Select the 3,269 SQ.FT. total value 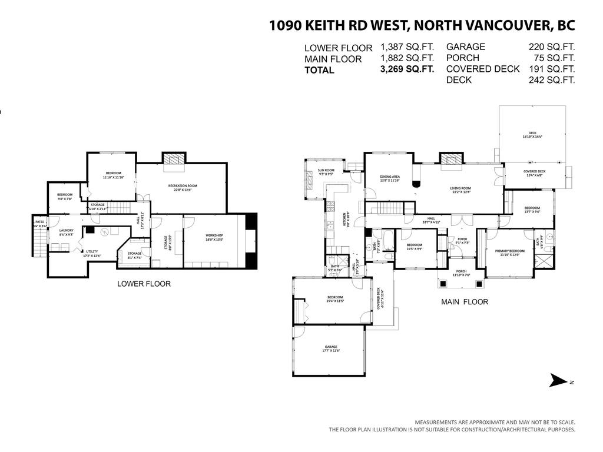[x=407, y=69]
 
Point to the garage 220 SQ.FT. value [x=551, y=46]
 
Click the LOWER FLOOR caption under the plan [x=144, y=284]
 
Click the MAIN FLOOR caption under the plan [x=465, y=302]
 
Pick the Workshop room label [x=214, y=237]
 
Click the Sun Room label [x=326, y=172]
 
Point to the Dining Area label [x=390, y=178]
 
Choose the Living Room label [x=461, y=190]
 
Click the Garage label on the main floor [x=332, y=348]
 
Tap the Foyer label [x=462, y=240]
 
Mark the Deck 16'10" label [x=532, y=135]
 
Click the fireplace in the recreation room [x=173, y=158]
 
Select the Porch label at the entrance [x=460, y=272]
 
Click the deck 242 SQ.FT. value [x=551, y=79]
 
